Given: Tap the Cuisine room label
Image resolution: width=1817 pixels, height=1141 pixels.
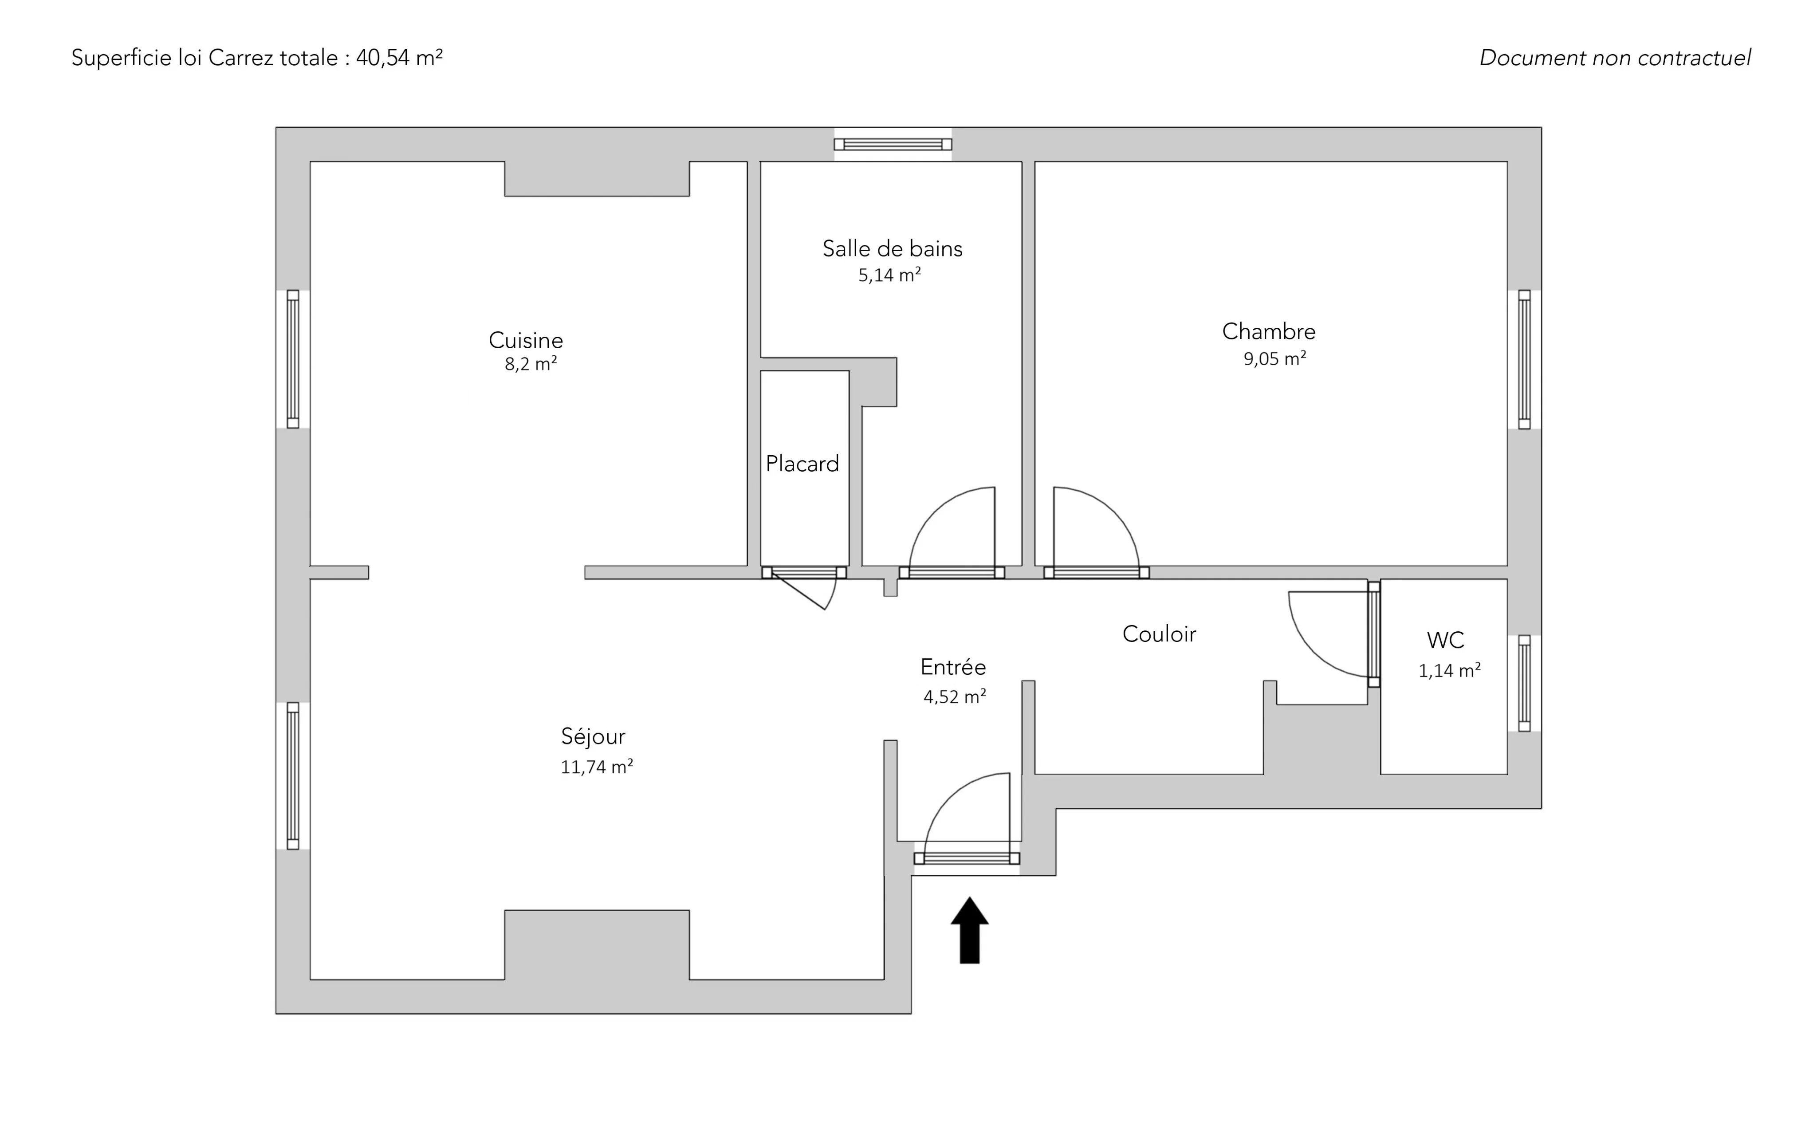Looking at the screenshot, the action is (526, 340).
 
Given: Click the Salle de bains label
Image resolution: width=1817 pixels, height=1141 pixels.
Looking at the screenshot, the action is (893, 249).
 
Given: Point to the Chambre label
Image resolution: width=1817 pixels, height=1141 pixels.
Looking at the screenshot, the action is (1268, 331).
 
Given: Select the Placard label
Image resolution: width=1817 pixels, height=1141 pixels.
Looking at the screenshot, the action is (802, 463).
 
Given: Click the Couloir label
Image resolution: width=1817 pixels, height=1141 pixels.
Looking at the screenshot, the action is (1159, 634).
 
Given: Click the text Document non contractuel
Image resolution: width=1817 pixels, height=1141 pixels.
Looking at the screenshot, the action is (1615, 58).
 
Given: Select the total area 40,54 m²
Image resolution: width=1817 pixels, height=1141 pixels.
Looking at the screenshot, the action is (399, 58).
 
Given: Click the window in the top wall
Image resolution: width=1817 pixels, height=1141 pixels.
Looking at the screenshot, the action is (893, 144).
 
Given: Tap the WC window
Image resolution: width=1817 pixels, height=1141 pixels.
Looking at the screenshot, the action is (1524, 683).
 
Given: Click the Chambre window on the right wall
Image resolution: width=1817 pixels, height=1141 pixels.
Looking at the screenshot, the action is (1524, 359).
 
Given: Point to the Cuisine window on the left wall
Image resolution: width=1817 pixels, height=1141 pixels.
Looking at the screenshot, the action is (293, 359).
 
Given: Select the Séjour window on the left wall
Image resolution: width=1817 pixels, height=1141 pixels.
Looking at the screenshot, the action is (293, 776).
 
